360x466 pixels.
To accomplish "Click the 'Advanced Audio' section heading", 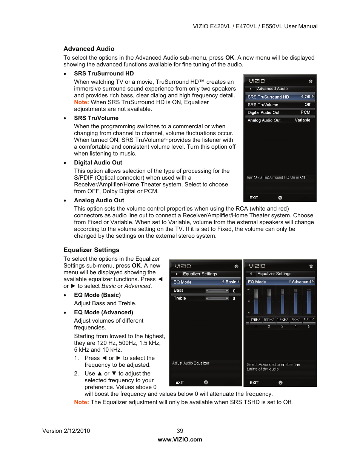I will coord(89,49).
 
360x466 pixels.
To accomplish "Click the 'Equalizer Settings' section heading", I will coord(91,250).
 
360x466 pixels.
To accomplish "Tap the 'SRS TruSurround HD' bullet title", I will coord(104,74).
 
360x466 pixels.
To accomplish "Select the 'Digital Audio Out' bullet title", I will coord(98,163).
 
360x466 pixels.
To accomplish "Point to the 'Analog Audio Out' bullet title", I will coord(99,200).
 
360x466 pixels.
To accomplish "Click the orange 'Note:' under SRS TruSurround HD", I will coord(81,102).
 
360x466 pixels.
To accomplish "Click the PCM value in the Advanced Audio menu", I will coord(305,112).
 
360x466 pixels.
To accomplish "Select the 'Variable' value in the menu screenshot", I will coord(302,120).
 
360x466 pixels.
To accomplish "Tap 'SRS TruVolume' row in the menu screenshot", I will coord(263,105).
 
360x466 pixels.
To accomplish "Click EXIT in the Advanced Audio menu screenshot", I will coord(254,198).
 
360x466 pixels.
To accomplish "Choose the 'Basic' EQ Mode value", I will coord(231,282).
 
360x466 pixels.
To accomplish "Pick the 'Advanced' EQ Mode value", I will coord(301,282).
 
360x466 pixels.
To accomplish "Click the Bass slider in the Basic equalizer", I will coord(217,291).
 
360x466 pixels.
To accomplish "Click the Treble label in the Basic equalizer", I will coord(180,298).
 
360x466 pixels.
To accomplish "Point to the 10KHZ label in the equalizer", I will coord(309,319).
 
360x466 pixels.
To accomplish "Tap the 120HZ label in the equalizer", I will coord(255,320).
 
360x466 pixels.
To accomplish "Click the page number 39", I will coord(180,431).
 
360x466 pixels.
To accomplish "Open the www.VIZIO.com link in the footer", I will coord(180,440).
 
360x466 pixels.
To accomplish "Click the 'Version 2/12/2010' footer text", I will coord(66,431).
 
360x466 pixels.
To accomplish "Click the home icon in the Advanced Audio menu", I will coord(311,81).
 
